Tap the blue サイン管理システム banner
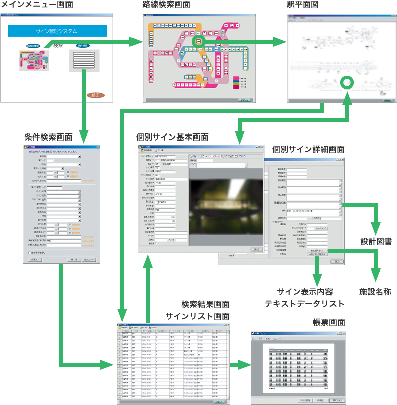pyautogui.click(x=57, y=31)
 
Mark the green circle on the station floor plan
pyautogui.click(x=347, y=82)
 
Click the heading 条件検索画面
pyautogui.click(x=48, y=137)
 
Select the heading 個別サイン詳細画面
pyautogui.click(x=308, y=149)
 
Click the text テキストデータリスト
pyautogui.click(x=304, y=303)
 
